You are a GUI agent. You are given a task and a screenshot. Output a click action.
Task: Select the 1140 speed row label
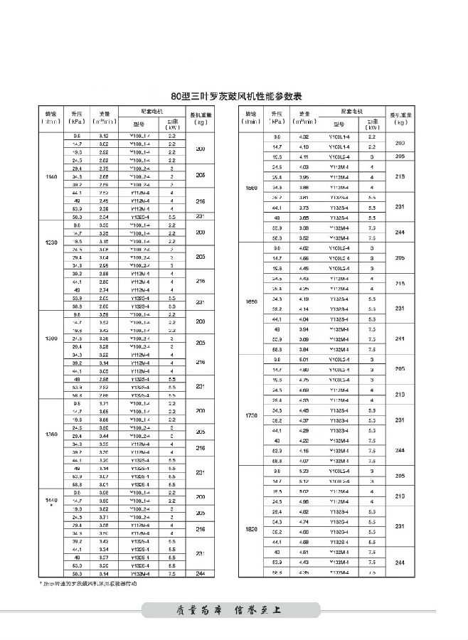click(50, 176)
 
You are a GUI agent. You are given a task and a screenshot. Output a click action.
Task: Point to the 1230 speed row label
click(50, 242)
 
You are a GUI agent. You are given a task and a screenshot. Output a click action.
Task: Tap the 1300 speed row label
click(50, 338)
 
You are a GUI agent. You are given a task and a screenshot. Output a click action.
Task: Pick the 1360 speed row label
click(50, 434)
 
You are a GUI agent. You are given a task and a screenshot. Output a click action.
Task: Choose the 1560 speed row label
click(250, 188)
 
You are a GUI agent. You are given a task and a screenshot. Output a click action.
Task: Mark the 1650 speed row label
click(250, 302)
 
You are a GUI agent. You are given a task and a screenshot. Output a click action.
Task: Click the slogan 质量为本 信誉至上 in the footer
click(234, 609)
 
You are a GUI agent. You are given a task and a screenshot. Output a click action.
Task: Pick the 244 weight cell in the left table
click(201, 573)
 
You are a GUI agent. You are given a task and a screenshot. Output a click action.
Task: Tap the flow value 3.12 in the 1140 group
click(104, 135)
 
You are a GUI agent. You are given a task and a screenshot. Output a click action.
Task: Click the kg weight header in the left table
click(201, 118)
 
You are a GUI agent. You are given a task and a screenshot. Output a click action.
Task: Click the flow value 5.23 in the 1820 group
click(304, 471)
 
